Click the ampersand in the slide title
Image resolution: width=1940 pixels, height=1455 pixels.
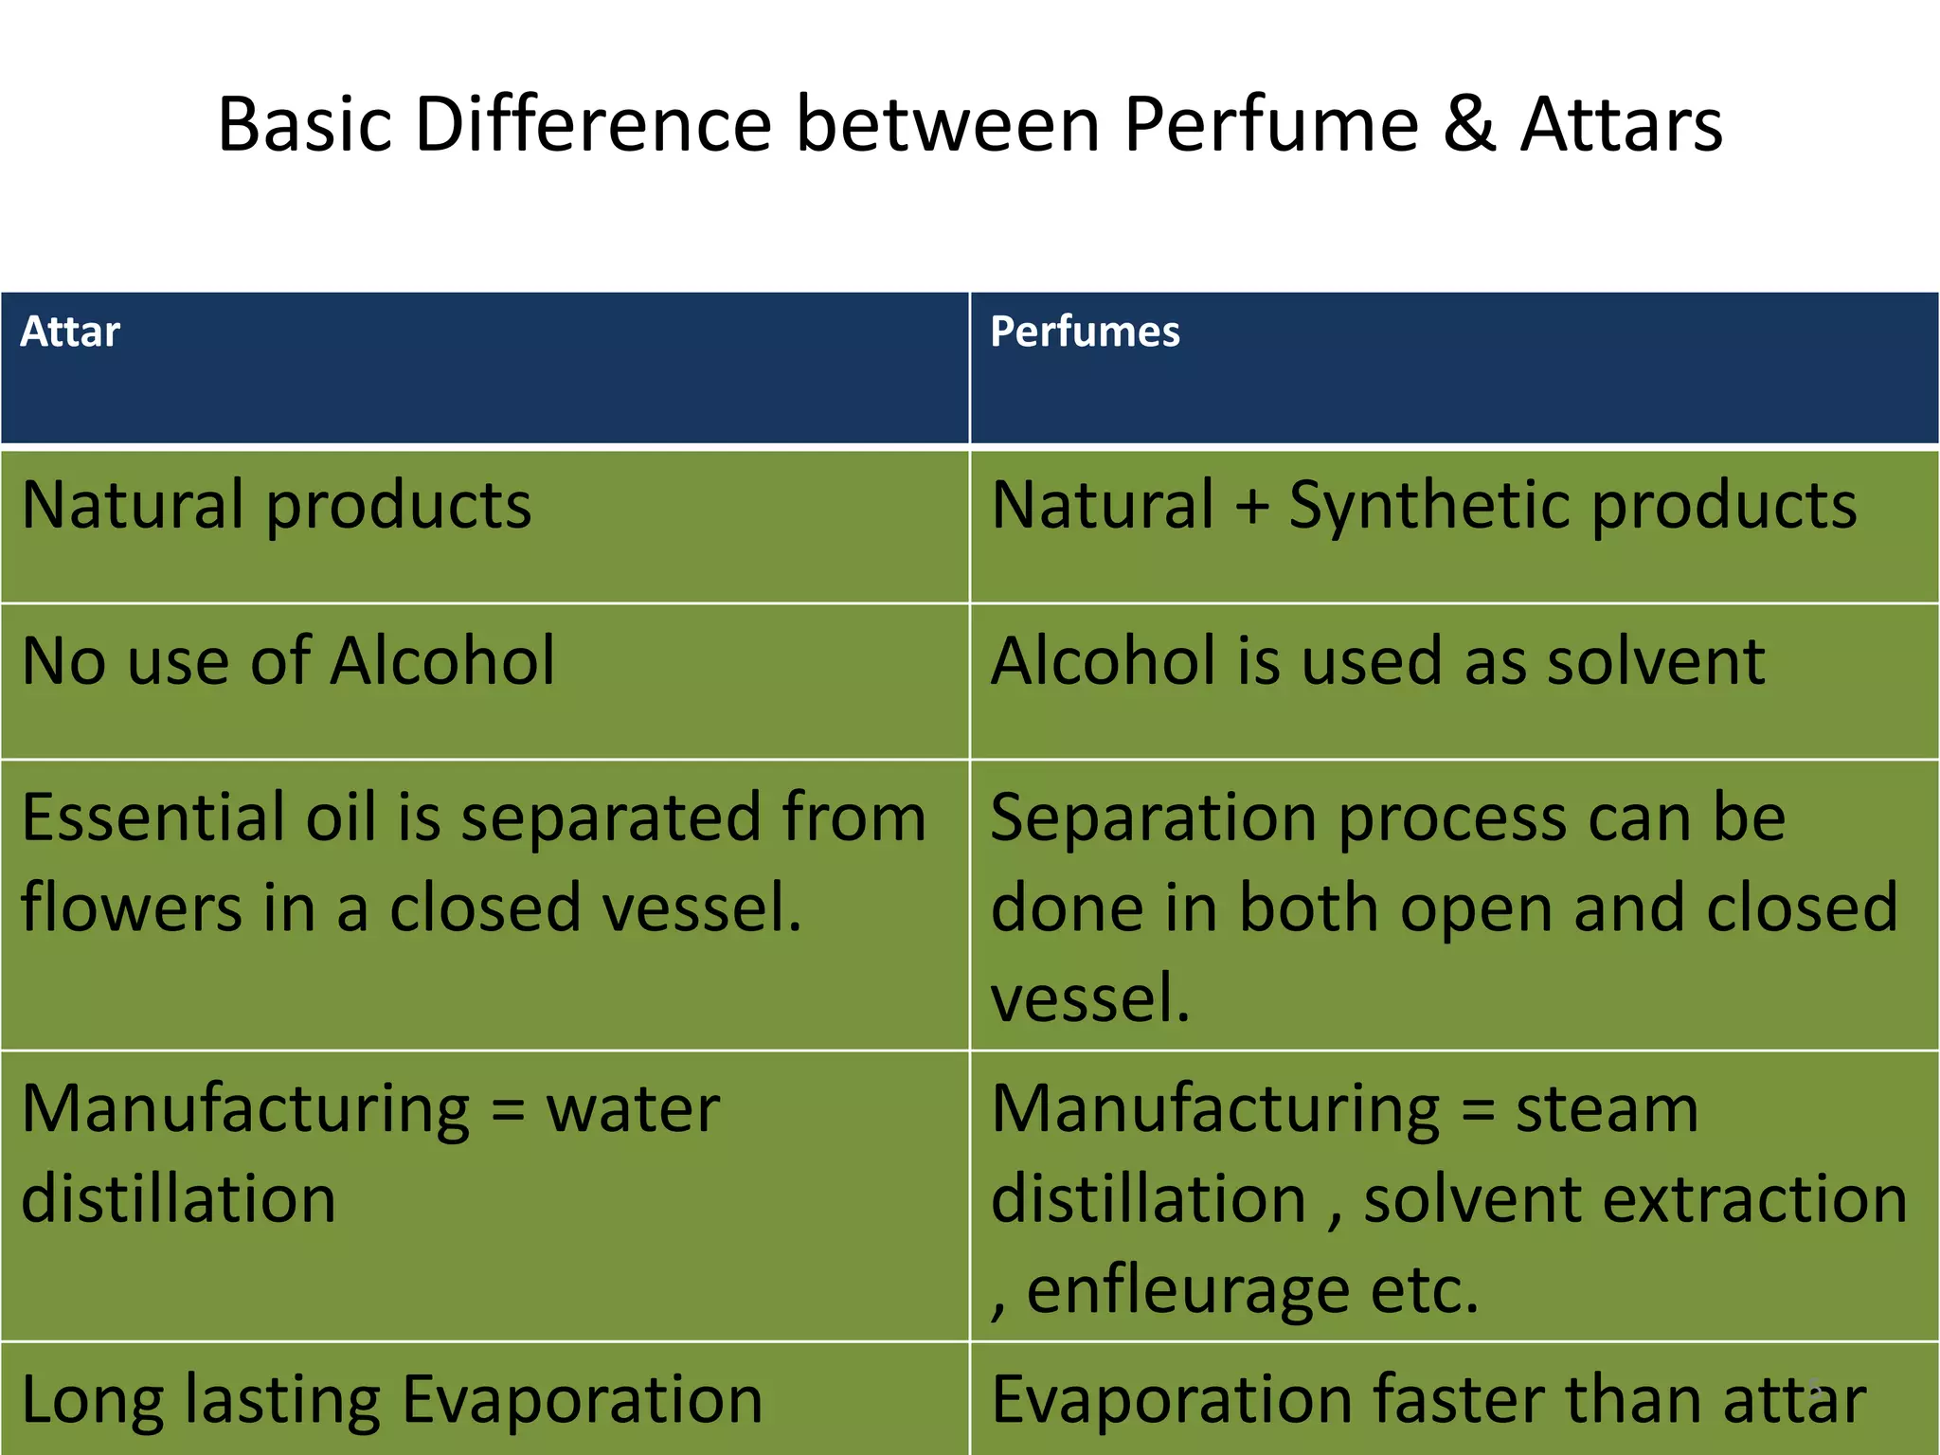(x=1469, y=124)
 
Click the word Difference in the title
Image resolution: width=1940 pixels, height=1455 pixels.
(x=593, y=124)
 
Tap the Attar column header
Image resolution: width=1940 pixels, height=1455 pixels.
(x=70, y=332)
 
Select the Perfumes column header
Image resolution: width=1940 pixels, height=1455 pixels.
(x=1085, y=332)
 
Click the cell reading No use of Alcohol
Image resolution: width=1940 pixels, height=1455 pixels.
(x=288, y=660)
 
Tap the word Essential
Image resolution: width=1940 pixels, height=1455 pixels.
(x=152, y=817)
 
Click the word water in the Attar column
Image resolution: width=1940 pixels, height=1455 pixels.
(x=633, y=1108)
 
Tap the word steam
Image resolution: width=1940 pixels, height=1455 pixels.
(x=1607, y=1108)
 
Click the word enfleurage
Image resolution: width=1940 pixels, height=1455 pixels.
(x=1188, y=1290)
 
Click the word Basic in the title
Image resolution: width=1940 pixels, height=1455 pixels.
(x=304, y=124)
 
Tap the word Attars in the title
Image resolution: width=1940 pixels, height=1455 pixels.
(x=1622, y=124)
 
